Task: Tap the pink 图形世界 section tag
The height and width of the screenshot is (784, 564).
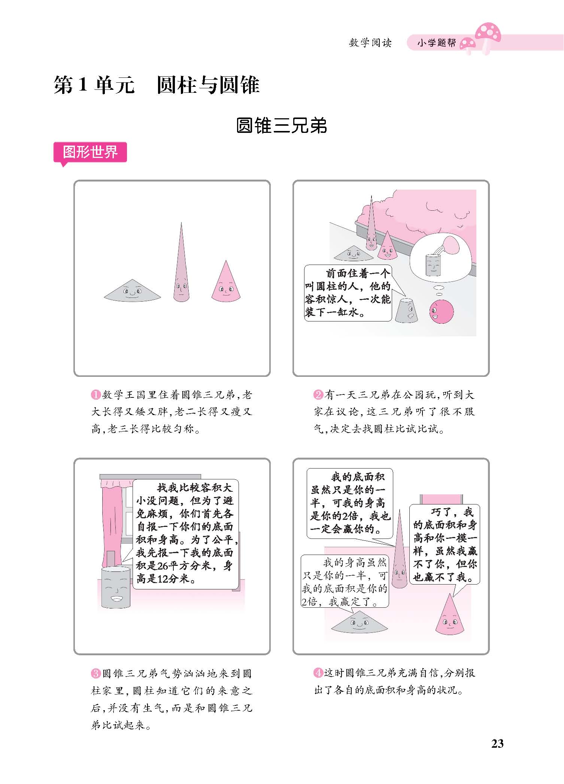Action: point(90,153)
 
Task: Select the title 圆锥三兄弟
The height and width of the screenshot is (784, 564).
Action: point(282,126)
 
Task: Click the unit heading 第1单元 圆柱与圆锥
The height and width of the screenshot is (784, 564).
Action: point(157,85)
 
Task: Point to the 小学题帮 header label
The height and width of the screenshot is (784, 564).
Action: point(437,43)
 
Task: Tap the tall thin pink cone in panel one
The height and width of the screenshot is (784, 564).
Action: point(181,262)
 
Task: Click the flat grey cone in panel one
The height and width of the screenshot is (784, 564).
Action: point(132,290)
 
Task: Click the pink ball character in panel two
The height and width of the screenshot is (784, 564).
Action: point(442,312)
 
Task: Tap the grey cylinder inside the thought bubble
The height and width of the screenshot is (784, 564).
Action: point(433,265)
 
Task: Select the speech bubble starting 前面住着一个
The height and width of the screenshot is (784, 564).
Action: point(348,293)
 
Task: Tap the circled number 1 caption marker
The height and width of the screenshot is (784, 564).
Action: point(96,395)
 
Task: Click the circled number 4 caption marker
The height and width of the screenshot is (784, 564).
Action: point(318,673)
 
